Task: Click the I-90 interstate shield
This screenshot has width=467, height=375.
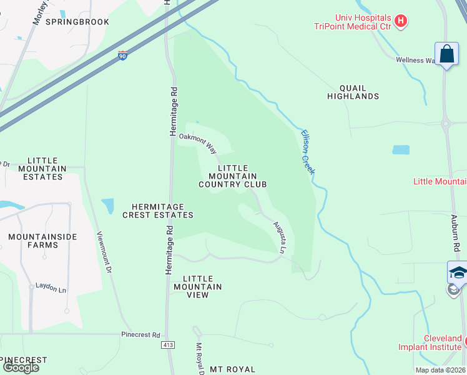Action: click(x=122, y=56)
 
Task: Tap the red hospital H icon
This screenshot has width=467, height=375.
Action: click(x=401, y=21)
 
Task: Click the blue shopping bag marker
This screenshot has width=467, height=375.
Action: click(x=447, y=54)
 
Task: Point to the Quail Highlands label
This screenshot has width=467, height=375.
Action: click(x=353, y=92)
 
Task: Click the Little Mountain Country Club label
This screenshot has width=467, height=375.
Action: click(x=233, y=176)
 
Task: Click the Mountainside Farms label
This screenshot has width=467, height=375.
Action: click(x=42, y=241)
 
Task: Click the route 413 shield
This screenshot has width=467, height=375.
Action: click(x=170, y=344)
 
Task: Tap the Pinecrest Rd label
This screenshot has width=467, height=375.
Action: click(x=141, y=335)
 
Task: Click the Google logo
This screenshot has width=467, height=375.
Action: click(x=20, y=367)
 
